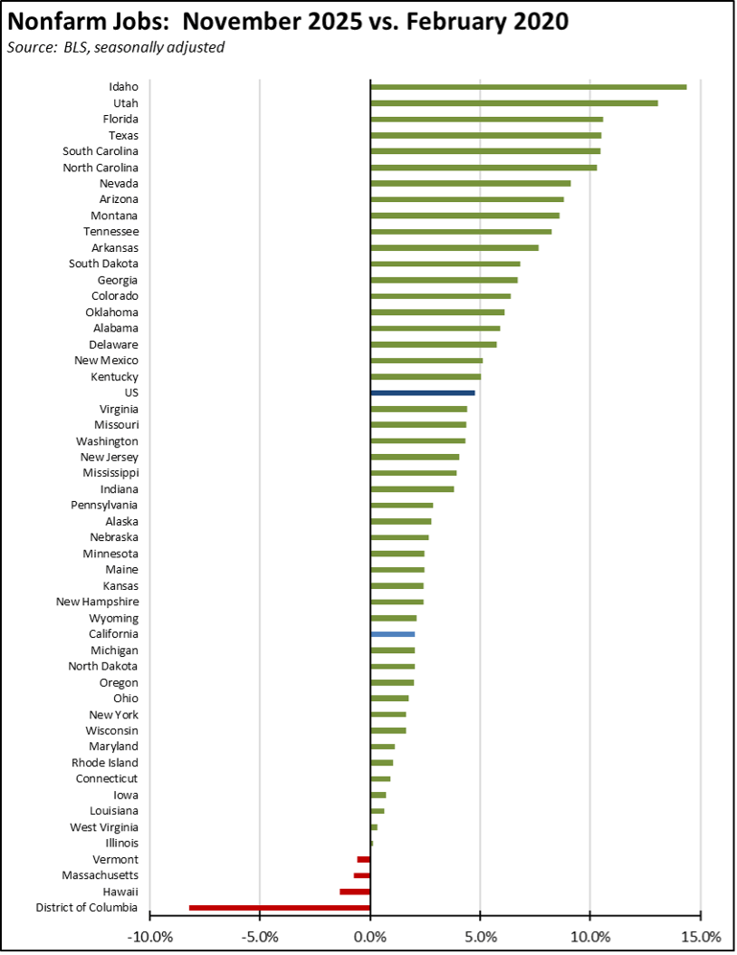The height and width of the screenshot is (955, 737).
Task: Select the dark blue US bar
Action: [423, 392]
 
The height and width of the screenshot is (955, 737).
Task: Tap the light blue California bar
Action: [393, 634]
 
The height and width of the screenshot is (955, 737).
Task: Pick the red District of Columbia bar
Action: [280, 908]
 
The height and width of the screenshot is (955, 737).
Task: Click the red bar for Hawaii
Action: [355, 892]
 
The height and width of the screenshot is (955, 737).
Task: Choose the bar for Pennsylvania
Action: [402, 505]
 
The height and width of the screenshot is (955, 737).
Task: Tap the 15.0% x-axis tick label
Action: [701, 935]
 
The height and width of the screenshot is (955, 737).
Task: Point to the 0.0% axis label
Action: [370, 935]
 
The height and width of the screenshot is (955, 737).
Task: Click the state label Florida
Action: [120, 120]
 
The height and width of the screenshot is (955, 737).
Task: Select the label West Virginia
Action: [104, 827]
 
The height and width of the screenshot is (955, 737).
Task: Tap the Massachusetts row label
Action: [100, 875]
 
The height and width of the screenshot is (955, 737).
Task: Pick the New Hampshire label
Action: [97, 602]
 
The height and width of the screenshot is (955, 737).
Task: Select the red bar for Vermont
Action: [364, 859]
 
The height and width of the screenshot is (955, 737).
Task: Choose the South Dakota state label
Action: [103, 264]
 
